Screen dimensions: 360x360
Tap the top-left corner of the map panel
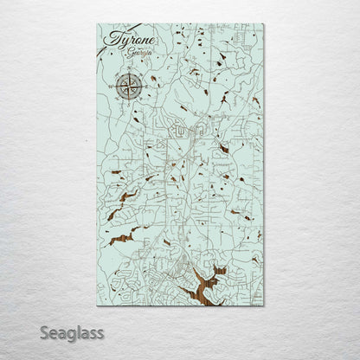pyautogui.click(x=97, y=24)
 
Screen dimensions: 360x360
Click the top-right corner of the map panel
pyautogui.click(x=264, y=24)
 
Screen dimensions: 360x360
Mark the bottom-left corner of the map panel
pyautogui.click(x=97, y=305)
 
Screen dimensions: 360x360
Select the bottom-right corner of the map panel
pyautogui.click(x=264, y=305)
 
